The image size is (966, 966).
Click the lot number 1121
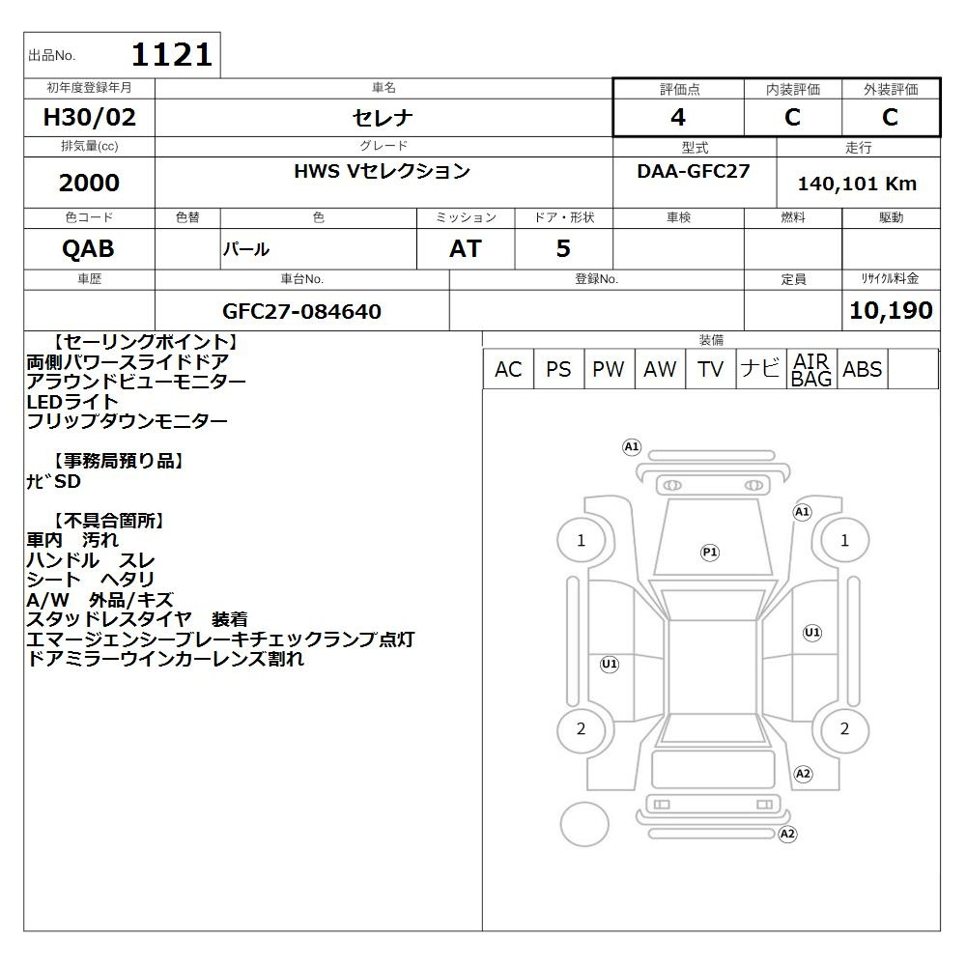[172, 55]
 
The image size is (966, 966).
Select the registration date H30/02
[89, 117]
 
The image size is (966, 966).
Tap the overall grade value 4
[678, 117]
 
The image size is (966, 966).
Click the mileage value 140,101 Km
[857, 184]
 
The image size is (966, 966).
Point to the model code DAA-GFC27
[694, 171]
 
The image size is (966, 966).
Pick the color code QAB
[88, 249]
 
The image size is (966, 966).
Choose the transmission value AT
[466, 249]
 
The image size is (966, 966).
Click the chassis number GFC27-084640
[301, 311]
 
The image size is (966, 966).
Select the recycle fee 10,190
[891, 310]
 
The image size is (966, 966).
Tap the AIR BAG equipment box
[811, 369]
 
